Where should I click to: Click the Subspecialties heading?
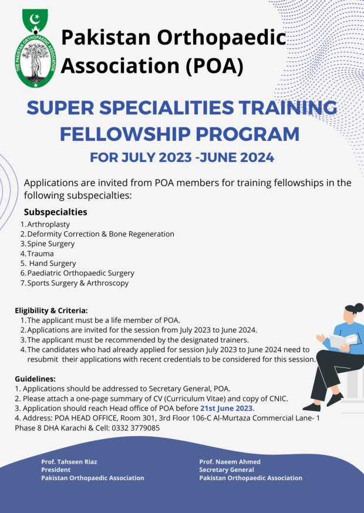55,212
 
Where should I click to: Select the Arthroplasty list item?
48,224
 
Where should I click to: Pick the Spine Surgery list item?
50,244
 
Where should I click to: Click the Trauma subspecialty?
41,254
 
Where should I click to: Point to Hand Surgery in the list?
52,264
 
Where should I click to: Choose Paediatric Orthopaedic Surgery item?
80,273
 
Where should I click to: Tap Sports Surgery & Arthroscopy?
77,283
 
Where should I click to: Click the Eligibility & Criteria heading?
51,310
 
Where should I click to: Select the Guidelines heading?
35,379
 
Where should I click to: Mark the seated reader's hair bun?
357,307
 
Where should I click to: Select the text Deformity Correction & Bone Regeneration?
100,234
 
